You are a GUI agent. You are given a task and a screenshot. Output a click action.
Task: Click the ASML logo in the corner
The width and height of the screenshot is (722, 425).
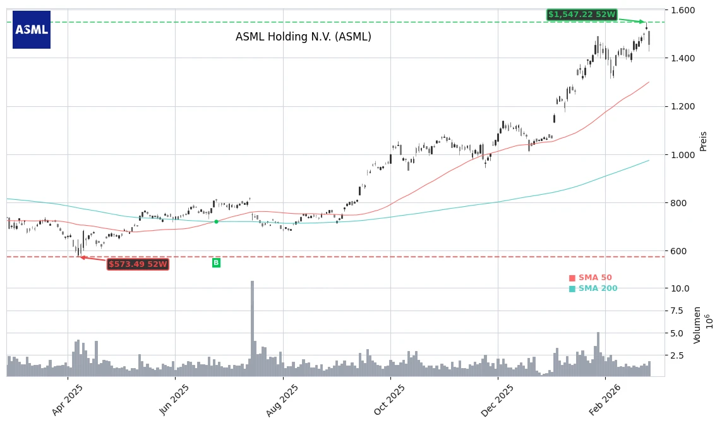pyautogui.click(x=32, y=30)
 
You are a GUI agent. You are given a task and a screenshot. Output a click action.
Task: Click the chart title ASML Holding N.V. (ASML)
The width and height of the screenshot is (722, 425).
pyautogui.click(x=303, y=37)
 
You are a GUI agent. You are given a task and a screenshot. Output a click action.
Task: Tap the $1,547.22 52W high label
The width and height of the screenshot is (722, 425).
pyautogui.click(x=581, y=15)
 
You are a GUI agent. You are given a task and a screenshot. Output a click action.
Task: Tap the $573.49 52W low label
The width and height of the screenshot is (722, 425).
pyautogui.click(x=138, y=264)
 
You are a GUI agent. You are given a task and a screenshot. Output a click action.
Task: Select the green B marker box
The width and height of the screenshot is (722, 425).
pyautogui.click(x=216, y=262)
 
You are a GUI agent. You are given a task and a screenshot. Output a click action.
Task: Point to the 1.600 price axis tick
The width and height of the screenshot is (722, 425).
pyautogui.click(x=683, y=10)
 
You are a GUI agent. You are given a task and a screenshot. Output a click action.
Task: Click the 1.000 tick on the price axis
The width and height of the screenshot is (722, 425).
pyautogui.click(x=683, y=155)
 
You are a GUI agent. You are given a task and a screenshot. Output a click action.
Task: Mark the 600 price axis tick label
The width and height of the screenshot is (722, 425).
pyautogui.click(x=680, y=251)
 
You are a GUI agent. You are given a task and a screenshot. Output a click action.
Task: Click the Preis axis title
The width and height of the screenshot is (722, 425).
pyautogui.click(x=704, y=140)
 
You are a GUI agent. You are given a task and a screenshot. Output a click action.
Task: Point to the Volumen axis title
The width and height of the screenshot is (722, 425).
pyautogui.click(x=697, y=324)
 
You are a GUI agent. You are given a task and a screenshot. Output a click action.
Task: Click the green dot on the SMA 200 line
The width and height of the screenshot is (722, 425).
pyautogui.click(x=216, y=221)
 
